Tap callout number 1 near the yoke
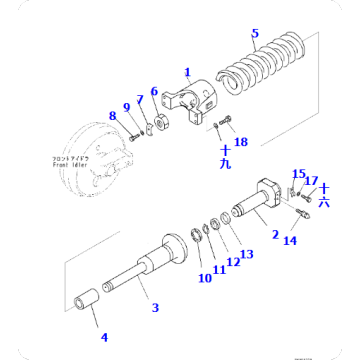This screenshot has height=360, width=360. pyautogui.click(x=186, y=72)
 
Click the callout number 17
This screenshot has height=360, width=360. pyautogui.click(x=312, y=181)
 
